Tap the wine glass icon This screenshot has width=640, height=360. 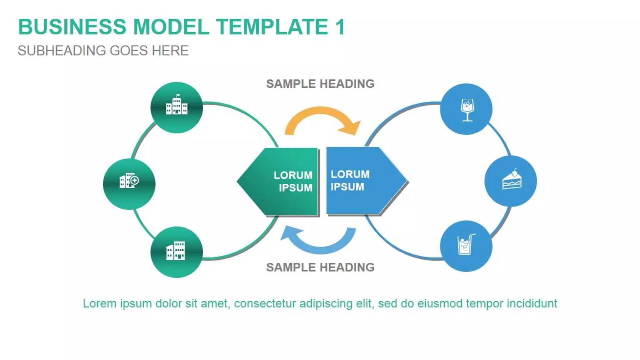(467, 110)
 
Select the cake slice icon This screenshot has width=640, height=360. (512, 180)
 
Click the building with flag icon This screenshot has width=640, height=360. (177, 105)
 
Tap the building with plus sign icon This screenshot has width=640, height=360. (129, 181)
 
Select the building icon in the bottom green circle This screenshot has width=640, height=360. (176, 251)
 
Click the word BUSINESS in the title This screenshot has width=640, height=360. (72, 27)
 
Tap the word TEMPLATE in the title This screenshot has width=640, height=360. (272, 27)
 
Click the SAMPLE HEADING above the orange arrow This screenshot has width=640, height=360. (320, 84)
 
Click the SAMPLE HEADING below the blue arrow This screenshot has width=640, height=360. (320, 267)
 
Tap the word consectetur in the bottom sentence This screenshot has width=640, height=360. (264, 303)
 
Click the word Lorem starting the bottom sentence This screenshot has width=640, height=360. (99, 303)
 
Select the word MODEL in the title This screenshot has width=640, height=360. (171, 27)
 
